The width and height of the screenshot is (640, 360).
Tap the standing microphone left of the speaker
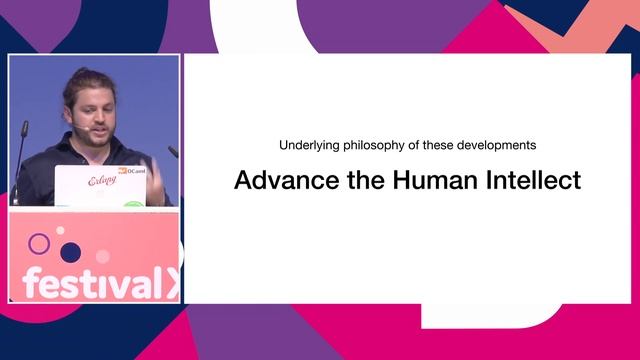tap(21, 150)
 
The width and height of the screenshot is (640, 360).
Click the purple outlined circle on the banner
tap(39, 243)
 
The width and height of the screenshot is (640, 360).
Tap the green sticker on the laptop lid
tap(134, 204)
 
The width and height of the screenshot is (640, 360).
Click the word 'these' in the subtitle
tap(439, 145)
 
